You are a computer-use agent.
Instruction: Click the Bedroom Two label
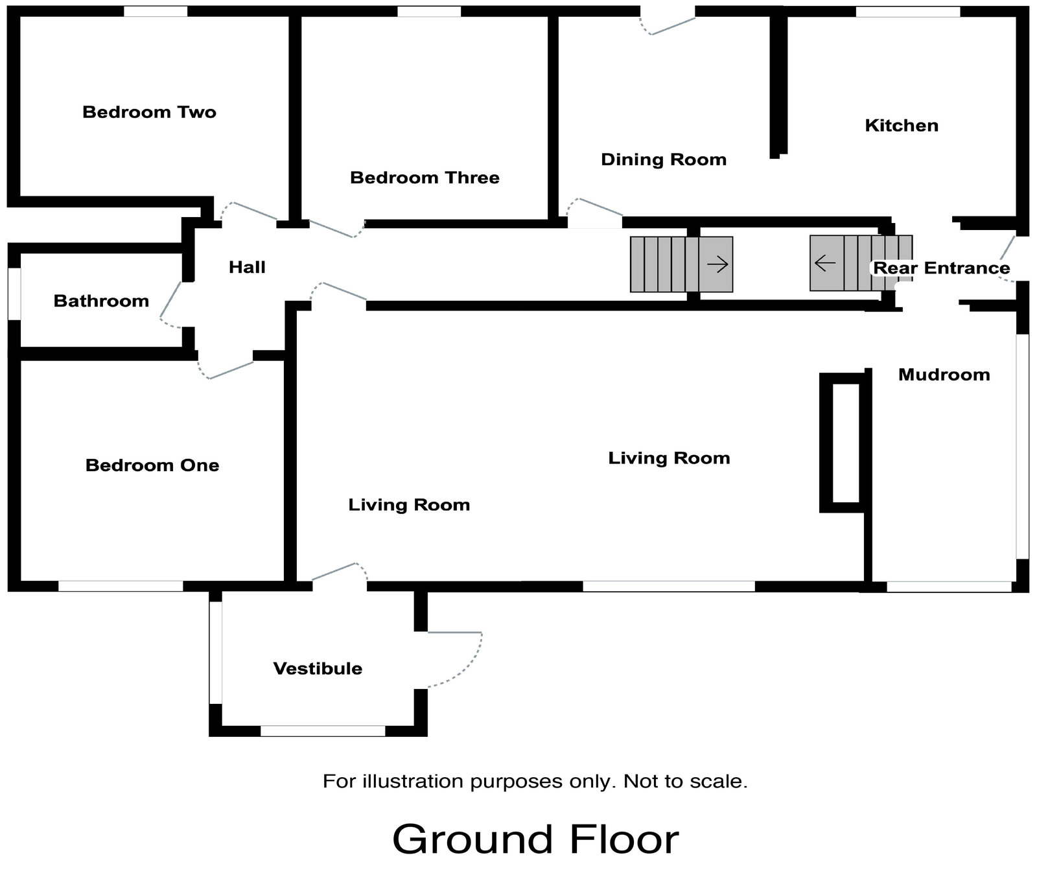click(x=149, y=112)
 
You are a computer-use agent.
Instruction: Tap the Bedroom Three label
click(x=425, y=178)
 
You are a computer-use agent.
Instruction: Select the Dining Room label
click(x=663, y=159)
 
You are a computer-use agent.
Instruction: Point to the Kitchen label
click(x=901, y=125)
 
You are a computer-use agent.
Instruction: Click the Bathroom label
click(x=101, y=301)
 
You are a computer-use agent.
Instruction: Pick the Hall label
click(x=247, y=267)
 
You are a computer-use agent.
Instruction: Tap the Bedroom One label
click(x=152, y=465)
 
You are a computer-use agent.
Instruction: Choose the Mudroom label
click(x=944, y=375)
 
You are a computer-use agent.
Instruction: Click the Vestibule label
click(x=318, y=668)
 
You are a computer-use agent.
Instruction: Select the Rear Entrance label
click(x=941, y=268)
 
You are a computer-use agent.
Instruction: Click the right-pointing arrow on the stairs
click(x=717, y=264)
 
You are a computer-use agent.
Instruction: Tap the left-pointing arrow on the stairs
click(x=824, y=263)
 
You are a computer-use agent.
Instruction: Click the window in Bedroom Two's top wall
click(x=156, y=11)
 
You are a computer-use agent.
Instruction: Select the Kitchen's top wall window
click(x=907, y=11)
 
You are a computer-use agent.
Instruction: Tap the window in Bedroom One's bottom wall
click(x=121, y=586)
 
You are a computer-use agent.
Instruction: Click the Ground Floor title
click(x=535, y=839)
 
